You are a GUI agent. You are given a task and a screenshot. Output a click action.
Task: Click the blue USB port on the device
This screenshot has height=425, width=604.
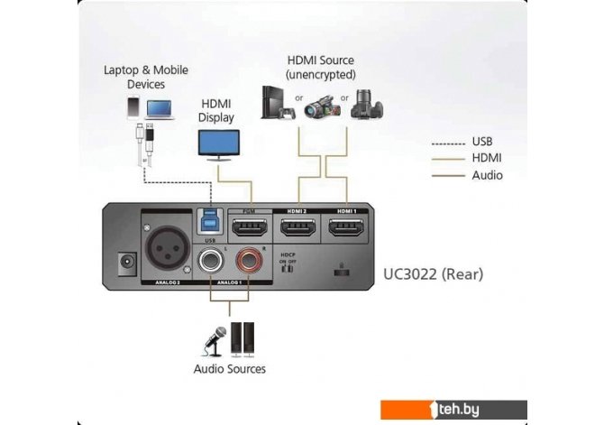coord(208,223)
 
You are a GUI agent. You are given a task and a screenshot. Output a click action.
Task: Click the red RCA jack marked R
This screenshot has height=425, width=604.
coord(248,264)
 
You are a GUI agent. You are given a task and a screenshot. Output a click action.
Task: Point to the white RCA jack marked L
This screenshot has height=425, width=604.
coord(209,264)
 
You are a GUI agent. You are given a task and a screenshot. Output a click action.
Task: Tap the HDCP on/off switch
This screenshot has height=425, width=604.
coord(288,269)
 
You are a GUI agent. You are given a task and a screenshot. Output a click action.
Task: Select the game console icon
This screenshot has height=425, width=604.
coord(274,102)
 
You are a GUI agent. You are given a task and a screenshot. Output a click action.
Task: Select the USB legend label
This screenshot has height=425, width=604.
coord(482,142)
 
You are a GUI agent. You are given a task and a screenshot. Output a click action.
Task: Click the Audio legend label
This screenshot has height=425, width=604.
coord(488,175)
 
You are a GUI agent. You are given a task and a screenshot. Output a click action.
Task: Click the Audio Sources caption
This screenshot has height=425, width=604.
coord(229,369)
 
